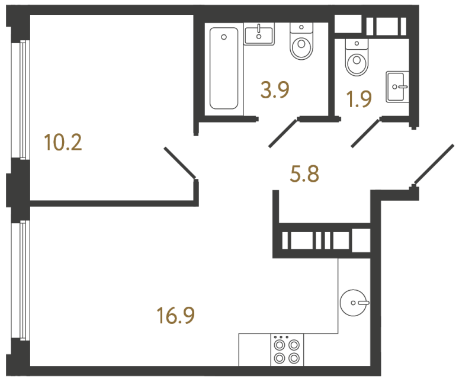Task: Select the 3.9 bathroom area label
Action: point(275,90)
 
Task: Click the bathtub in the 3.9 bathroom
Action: point(224,69)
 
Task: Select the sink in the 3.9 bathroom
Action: point(259,34)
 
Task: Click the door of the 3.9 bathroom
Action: point(283,132)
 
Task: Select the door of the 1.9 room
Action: point(365,132)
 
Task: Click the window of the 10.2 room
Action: point(23,99)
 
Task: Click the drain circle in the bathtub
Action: point(224,37)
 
